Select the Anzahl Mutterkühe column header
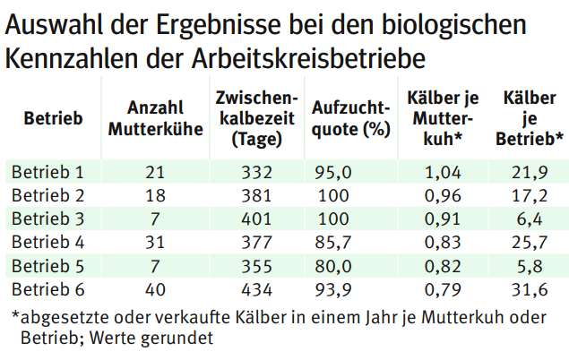[144, 117]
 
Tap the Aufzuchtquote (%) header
[350, 117]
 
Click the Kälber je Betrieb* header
[529, 117]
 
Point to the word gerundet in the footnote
[179, 339]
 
